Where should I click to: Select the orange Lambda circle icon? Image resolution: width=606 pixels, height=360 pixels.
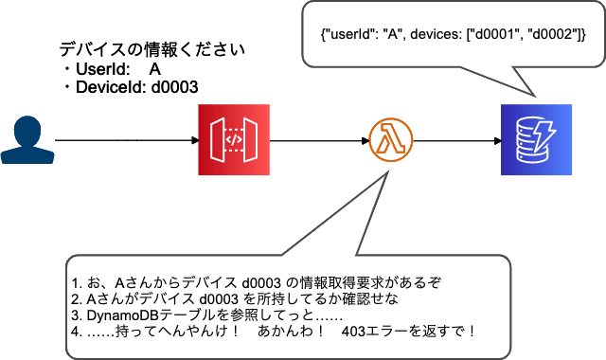(x=389, y=141)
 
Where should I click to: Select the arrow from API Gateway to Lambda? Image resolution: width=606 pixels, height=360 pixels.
(x=317, y=141)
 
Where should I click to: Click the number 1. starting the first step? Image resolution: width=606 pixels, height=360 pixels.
(x=76, y=282)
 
